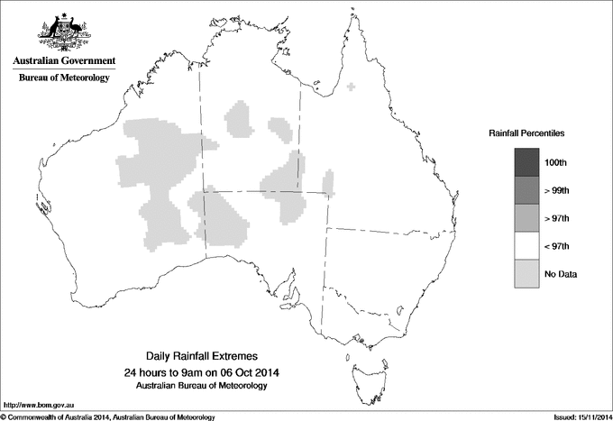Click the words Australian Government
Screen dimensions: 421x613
click(x=64, y=61)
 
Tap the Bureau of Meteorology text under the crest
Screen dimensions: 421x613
click(x=64, y=78)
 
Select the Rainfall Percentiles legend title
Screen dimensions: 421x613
click(x=526, y=133)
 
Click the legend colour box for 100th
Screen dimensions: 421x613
click(x=526, y=162)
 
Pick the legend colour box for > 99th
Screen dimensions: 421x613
click(x=526, y=190)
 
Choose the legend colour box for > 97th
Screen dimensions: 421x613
click(x=526, y=218)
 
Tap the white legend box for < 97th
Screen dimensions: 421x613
click(x=526, y=246)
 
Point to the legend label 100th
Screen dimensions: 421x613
click(x=557, y=162)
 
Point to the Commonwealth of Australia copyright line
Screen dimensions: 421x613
click(x=108, y=416)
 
